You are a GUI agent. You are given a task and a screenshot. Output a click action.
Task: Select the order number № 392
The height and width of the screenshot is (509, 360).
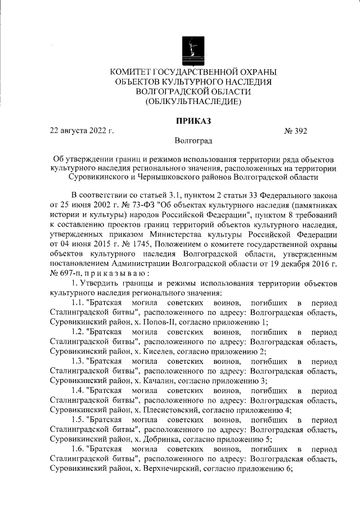coord(296,131)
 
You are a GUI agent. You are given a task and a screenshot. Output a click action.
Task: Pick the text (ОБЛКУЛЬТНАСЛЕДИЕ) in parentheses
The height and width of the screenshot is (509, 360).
coord(193,102)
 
